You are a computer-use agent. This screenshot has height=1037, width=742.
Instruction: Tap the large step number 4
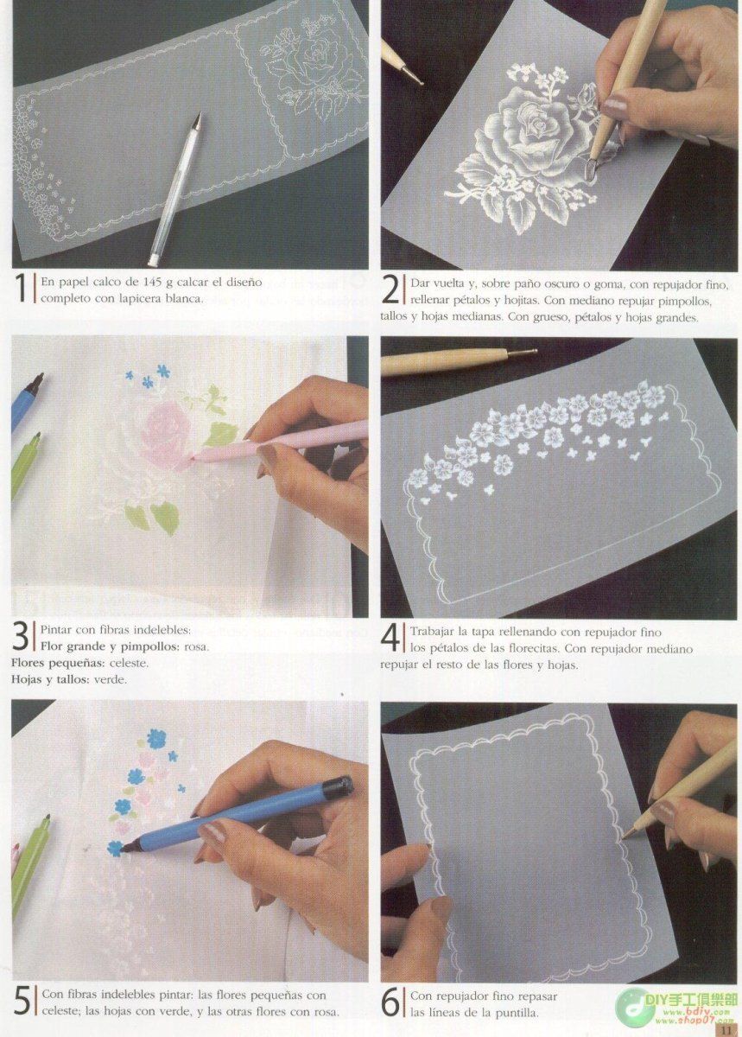pos(390,639)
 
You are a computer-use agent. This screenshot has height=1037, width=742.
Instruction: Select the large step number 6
pos(390,1002)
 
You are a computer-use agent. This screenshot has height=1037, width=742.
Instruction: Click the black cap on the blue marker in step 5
pos(337,786)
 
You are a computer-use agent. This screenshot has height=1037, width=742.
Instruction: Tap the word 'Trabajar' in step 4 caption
pos(434,632)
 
